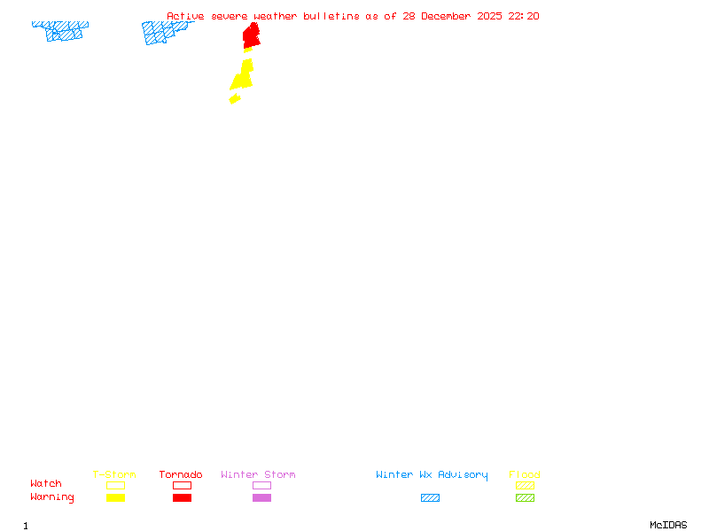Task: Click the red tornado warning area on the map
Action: [252, 35]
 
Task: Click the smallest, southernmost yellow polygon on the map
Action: [235, 98]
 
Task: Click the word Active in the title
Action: [185, 16]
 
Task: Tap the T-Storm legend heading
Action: [114, 474]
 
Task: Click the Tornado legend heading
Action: [181, 474]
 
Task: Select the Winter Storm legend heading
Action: [258, 474]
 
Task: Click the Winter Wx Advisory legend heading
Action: [432, 474]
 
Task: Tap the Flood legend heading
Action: [525, 474]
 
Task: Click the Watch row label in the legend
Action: [46, 484]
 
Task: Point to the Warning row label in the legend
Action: [52, 497]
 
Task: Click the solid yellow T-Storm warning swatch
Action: [115, 497]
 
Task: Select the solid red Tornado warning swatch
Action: [182, 497]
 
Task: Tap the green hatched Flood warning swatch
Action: [525, 497]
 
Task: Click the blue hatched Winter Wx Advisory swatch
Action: [430, 497]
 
